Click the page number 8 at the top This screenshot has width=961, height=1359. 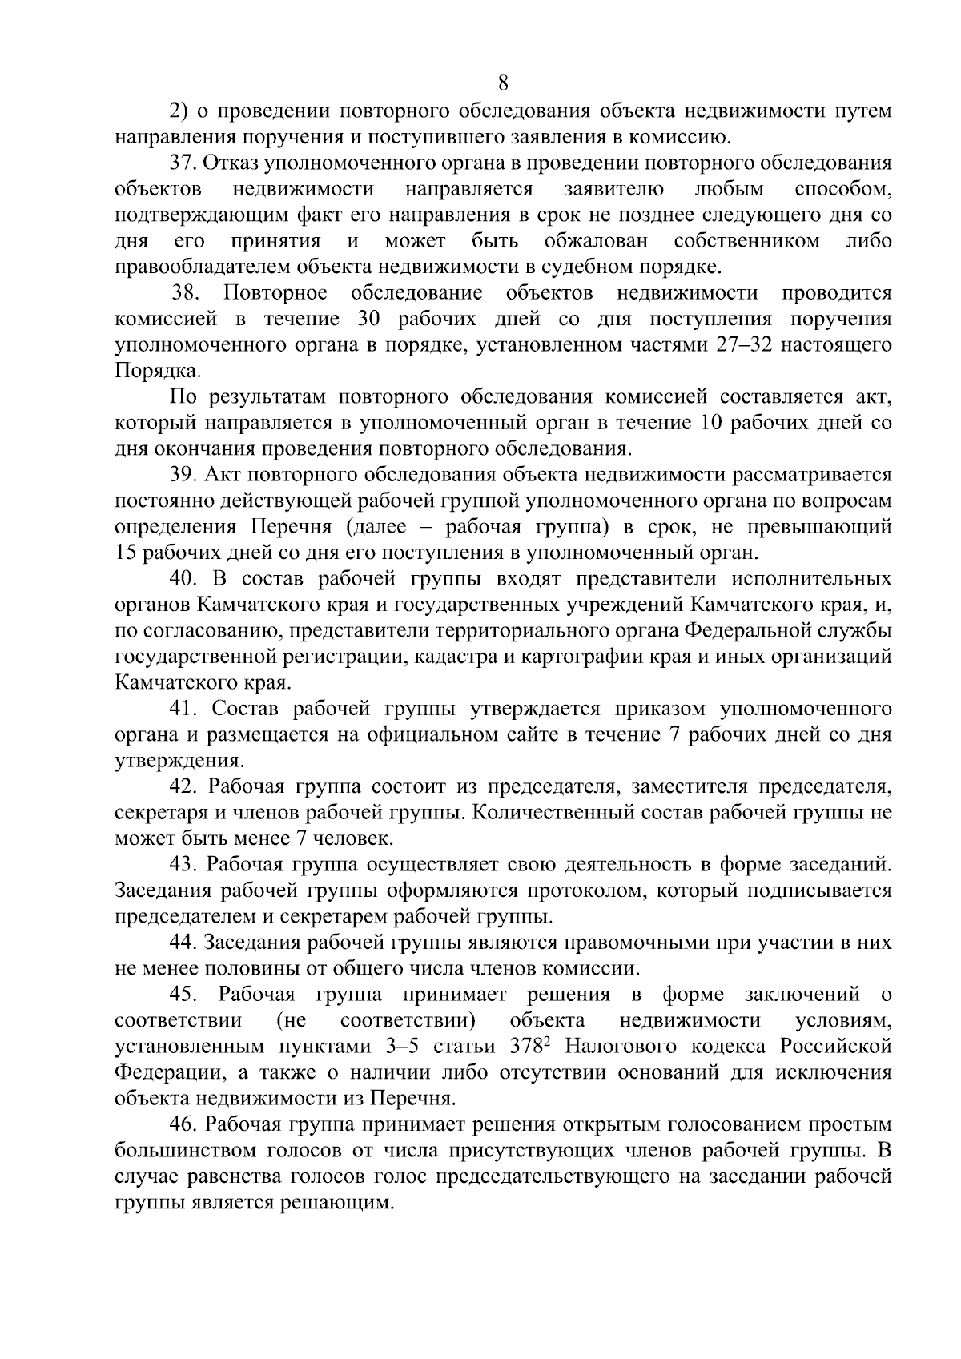point(503,82)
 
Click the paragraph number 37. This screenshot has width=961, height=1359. point(184,163)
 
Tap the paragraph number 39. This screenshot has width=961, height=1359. point(184,476)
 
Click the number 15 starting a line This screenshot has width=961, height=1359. point(126,553)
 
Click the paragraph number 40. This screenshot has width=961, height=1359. point(185,579)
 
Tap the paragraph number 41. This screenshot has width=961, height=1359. point(183,710)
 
